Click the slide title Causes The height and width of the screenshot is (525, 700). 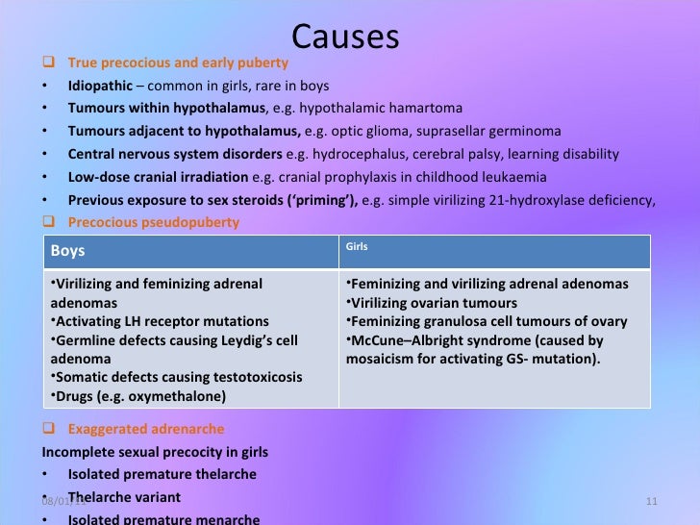point(345,36)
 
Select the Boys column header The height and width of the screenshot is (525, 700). point(67,251)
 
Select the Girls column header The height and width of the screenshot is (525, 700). point(357,247)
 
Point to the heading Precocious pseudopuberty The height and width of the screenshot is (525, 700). point(153,222)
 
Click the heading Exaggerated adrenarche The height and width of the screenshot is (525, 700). point(145,429)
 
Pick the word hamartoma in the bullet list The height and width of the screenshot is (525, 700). point(422,108)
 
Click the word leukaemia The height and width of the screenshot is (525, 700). point(514,177)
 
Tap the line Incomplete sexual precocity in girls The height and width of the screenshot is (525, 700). point(155,452)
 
